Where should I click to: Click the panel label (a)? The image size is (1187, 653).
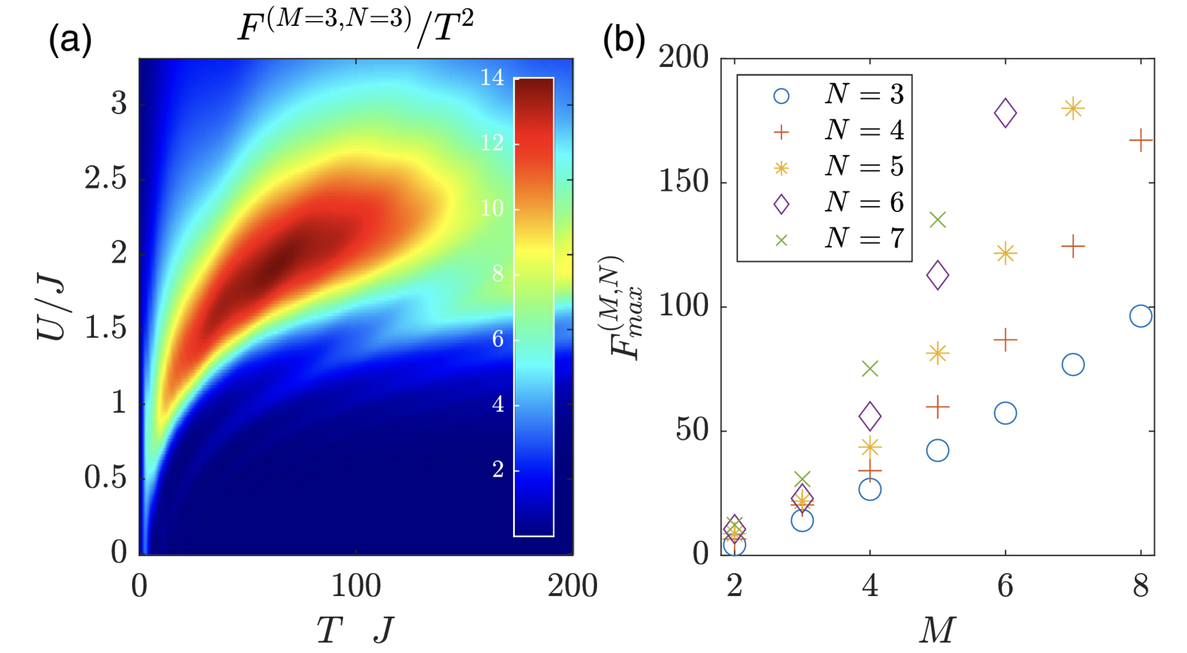(70, 41)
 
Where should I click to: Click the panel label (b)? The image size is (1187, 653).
(623, 41)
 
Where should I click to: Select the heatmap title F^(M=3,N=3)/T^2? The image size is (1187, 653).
(355, 28)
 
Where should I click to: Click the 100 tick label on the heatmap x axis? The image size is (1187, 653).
(355, 586)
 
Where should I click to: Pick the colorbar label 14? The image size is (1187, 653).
(492, 78)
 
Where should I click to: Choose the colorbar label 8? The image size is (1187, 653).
(497, 274)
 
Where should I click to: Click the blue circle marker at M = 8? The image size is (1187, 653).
(1141, 316)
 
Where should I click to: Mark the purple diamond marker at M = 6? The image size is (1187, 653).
(1005, 113)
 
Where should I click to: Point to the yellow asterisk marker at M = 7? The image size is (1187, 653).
(1073, 109)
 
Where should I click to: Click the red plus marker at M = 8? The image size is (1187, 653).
(1141, 142)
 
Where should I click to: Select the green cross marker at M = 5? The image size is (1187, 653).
(938, 220)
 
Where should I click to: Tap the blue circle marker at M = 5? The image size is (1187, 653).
(938, 450)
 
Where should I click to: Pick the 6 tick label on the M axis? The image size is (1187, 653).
(1005, 586)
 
